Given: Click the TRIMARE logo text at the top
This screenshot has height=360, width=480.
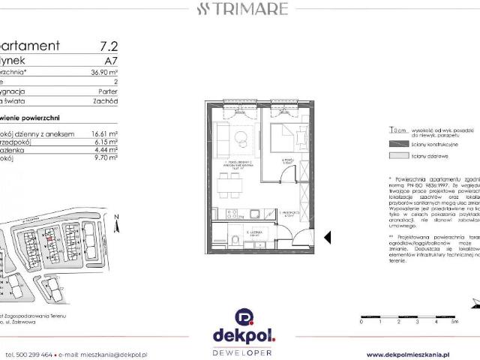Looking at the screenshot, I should click(x=239, y=10).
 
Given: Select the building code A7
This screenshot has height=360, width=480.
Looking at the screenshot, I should click(x=111, y=60).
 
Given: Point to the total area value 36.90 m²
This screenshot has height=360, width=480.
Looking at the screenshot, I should click(x=104, y=73).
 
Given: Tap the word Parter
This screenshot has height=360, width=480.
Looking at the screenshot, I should click(x=108, y=87).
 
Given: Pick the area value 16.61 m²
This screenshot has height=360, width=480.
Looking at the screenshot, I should click(x=104, y=133).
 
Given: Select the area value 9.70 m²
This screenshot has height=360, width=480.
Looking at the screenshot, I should click(x=106, y=159).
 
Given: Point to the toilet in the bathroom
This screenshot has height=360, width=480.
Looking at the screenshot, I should click(x=235, y=240).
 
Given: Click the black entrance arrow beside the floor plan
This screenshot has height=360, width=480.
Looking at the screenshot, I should click(x=327, y=237).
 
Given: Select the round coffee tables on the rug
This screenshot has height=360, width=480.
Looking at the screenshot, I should click(x=240, y=139).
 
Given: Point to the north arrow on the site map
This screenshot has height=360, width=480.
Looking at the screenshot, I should click(x=117, y=218).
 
